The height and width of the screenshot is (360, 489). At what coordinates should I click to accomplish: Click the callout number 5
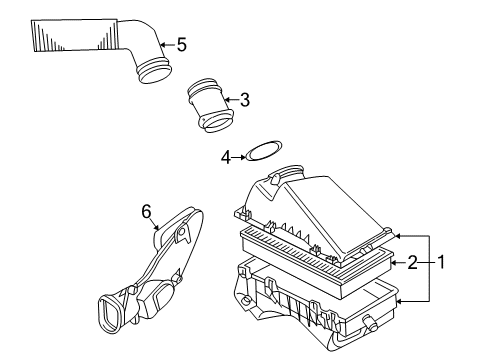pos(182,45)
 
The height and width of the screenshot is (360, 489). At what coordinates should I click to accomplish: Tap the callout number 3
pos(245,100)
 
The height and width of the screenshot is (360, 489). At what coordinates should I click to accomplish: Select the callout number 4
pos(226,157)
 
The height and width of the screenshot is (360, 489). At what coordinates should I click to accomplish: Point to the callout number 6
pos(147,211)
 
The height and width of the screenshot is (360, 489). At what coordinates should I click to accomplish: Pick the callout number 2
pos(413,263)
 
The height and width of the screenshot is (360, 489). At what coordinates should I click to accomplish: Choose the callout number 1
pos(441,262)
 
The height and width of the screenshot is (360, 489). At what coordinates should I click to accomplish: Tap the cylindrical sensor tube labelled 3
pos(210,106)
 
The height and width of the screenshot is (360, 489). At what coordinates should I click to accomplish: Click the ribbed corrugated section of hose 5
pos(75,35)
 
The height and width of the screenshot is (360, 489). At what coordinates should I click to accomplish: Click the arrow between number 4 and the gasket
pos(239,157)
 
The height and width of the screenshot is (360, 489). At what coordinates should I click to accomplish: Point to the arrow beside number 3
pos(231,99)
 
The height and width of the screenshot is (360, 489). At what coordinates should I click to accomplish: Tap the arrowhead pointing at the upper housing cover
pos(398,236)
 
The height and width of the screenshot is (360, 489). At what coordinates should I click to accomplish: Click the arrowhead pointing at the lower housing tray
pos(399,302)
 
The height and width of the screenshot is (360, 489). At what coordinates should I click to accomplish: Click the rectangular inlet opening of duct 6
pos(108,312)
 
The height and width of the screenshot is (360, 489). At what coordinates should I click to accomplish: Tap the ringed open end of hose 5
pos(155,71)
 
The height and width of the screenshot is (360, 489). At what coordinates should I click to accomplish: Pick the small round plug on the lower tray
pos(369,321)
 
